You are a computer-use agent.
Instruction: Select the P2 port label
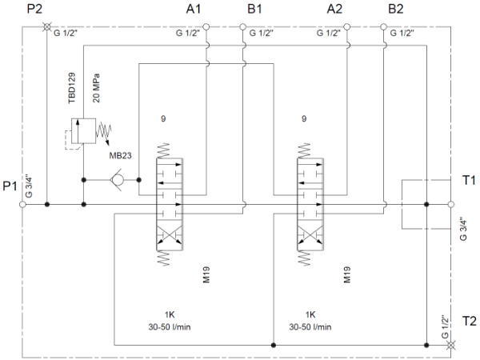(x=34, y=9)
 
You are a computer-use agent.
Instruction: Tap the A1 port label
(x=194, y=9)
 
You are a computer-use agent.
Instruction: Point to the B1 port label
(x=255, y=9)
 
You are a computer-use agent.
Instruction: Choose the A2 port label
(x=335, y=9)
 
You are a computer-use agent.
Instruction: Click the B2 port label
(x=396, y=9)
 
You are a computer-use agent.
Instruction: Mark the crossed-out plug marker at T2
(x=450, y=346)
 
